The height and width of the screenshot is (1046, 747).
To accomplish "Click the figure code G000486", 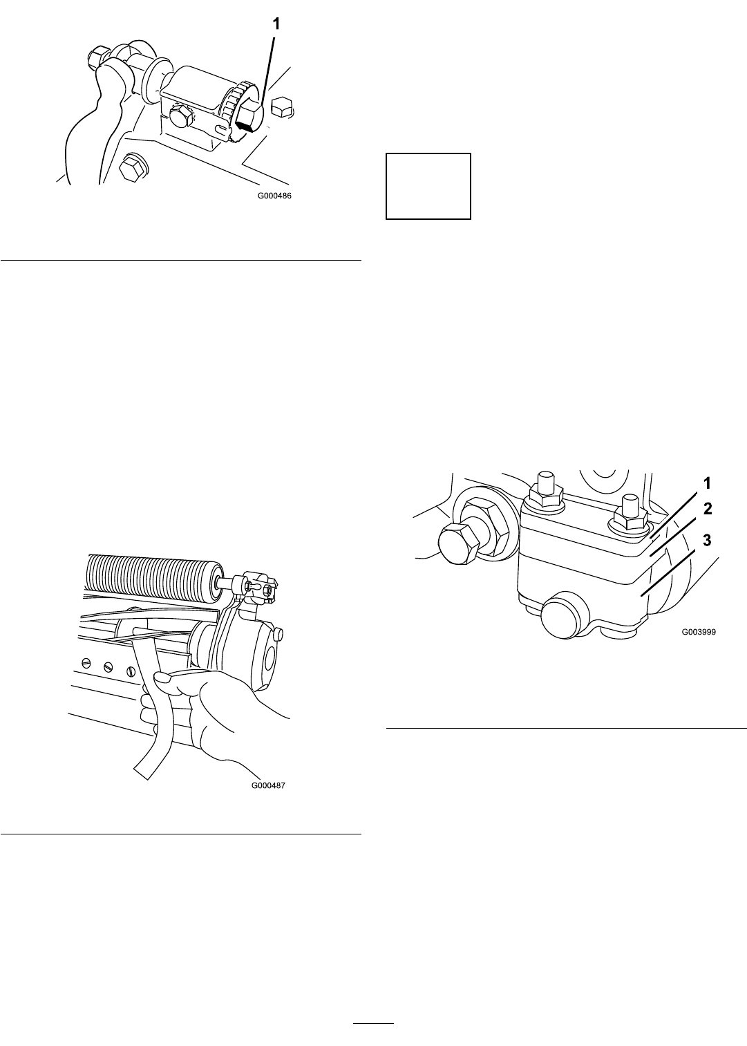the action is (274, 196).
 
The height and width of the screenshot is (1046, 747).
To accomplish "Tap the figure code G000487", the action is (268, 785).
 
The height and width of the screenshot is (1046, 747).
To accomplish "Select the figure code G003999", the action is (699, 633).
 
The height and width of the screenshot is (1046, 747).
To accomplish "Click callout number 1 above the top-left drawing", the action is (276, 24).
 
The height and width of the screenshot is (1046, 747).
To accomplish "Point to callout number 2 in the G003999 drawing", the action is (708, 509).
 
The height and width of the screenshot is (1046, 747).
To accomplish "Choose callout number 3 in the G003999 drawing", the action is (708, 540).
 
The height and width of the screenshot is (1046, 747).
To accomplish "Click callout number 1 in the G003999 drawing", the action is (708, 483).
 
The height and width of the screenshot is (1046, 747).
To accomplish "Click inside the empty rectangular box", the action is (428, 186).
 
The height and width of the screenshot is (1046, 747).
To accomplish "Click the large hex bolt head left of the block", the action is (457, 544).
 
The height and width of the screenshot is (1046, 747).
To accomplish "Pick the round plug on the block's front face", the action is (560, 617).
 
